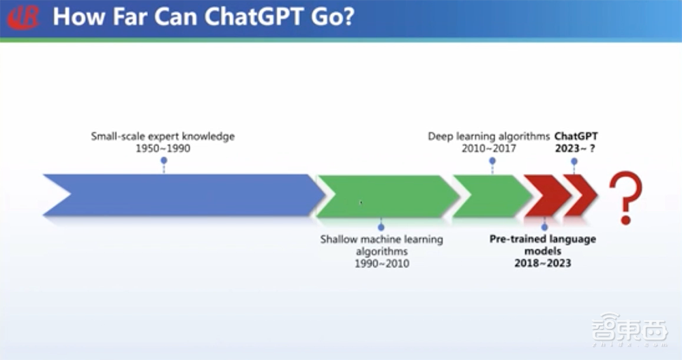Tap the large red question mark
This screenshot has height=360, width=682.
tap(626, 197)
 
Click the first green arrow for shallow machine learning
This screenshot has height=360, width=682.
tap(385, 196)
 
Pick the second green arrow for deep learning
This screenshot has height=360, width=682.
tap(491, 196)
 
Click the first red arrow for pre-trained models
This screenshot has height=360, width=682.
tap(546, 196)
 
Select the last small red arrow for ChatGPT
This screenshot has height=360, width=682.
tap(581, 196)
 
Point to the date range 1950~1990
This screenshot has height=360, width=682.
tap(163, 148)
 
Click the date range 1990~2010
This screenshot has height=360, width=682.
tap(381, 263)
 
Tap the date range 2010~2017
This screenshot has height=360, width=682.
tap(492, 148)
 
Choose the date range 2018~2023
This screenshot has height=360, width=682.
tap(543, 262)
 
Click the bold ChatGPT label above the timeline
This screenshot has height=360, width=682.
tap(576, 136)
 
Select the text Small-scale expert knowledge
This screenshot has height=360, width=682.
tap(163, 136)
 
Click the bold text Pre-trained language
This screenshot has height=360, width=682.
tap(543, 239)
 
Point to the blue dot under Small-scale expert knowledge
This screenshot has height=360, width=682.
tap(164, 161)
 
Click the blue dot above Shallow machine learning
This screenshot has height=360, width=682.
tap(381, 226)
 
